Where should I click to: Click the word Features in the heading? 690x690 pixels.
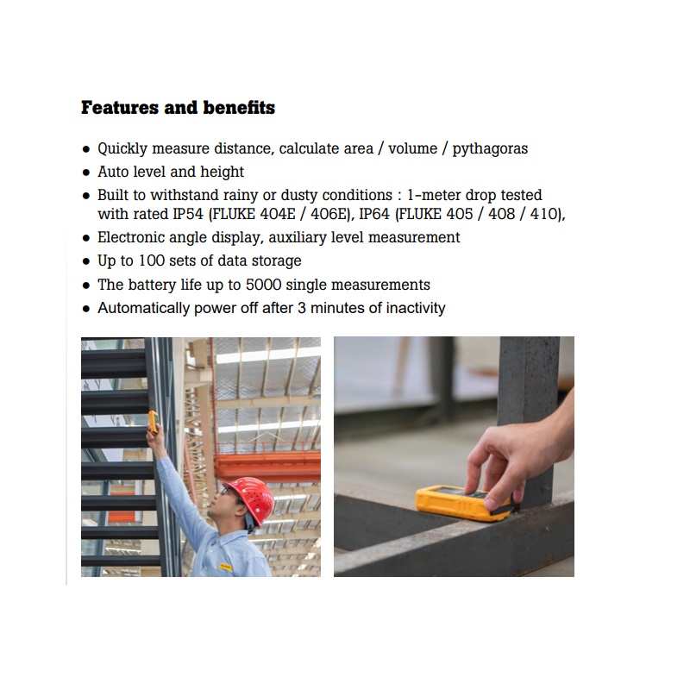(x=120, y=107)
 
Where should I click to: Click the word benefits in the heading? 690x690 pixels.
(x=239, y=107)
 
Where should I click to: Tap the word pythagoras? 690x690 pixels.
(x=490, y=148)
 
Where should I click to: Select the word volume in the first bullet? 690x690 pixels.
(x=413, y=148)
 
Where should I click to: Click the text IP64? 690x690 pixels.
(x=374, y=214)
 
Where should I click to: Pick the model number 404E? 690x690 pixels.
(x=278, y=214)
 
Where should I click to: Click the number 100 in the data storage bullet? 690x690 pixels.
(x=152, y=260)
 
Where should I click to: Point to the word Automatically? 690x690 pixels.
(x=143, y=308)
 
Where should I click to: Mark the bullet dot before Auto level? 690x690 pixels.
(x=86, y=172)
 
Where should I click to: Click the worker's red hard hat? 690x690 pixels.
(x=251, y=500)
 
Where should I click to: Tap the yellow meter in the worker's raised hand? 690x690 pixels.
(x=154, y=422)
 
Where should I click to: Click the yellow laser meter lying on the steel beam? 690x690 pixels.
(x=463, y=503)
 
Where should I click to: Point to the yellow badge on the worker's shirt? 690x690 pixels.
(x=226, y=567)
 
